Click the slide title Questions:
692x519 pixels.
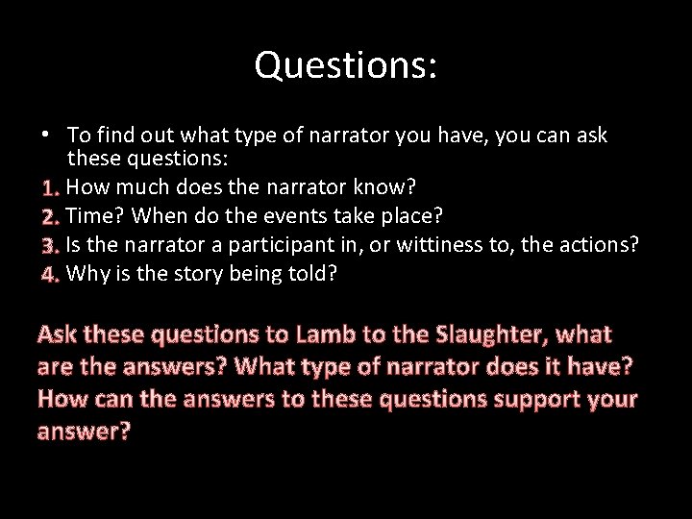coord(346,64)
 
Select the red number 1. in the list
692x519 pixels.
coord(51,185)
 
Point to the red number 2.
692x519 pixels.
coord(51,214)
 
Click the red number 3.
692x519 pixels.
coord(51,244)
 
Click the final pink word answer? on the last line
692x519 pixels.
coord(84,431)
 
